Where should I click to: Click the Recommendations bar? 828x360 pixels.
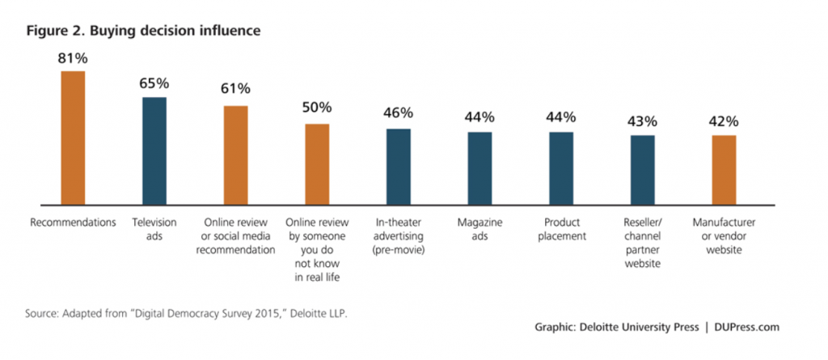(73, 138)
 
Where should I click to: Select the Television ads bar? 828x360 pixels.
(154, 150)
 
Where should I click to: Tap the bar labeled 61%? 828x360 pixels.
(235, 155)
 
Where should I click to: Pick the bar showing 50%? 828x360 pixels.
(317, 163)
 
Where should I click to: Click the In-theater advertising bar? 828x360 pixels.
(399, 166)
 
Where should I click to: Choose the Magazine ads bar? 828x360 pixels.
(479, 167)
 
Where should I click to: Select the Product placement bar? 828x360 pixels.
(561, 167)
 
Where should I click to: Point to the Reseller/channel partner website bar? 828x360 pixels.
(643, 169)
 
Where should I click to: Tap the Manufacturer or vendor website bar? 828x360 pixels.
(724, 170)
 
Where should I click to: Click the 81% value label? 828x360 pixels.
(73, 58)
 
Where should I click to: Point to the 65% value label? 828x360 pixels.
(154, 83)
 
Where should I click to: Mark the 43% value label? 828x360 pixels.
(643, 121)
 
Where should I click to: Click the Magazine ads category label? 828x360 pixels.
(479, 228)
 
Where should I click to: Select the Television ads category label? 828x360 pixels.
(154, 228)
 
